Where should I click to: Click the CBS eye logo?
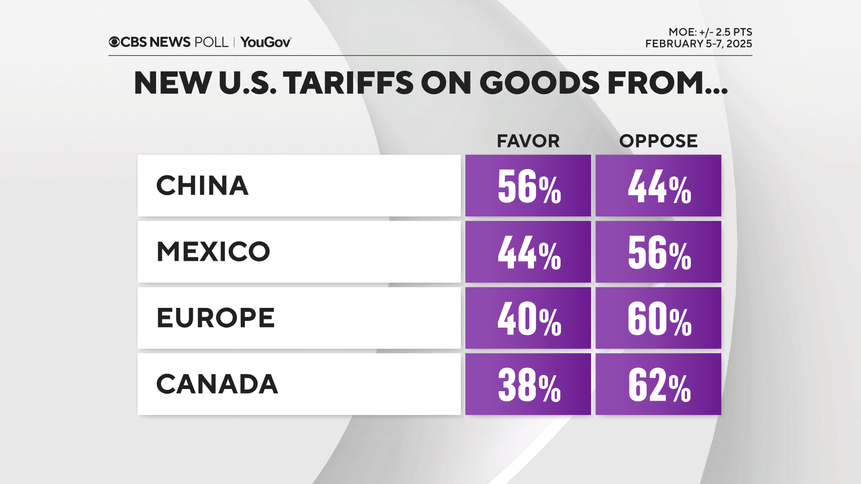click(x=114, y=42)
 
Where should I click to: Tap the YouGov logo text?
click(x=265, y=42)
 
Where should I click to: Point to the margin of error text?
click(x=710, y=32)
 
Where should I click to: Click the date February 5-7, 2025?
click(x=698, y=44)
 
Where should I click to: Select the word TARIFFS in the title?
click(x=348, y=83)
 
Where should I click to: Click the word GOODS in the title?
click(x=539, y=83)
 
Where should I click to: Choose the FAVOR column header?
click(x=528, y=141)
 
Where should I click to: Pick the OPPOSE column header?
click(x=658, y=141)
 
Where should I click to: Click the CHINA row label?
click(x=202, y=186)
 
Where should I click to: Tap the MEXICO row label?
click(x=213, y=251)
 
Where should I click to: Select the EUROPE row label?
click(x=215, y=318)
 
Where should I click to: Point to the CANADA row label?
click(x=217, y=384)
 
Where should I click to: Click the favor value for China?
click(x=528, y=186)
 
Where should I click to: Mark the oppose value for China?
click(x=658, y=186)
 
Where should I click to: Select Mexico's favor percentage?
click(x=528, y=252)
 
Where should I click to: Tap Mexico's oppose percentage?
click(x=658, y=252)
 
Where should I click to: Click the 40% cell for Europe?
click(x=528, y=318)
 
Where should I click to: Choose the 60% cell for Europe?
click(x=658, y=318)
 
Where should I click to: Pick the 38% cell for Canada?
click(x=528, y=384)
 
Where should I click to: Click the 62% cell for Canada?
click(x=658, y=384)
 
